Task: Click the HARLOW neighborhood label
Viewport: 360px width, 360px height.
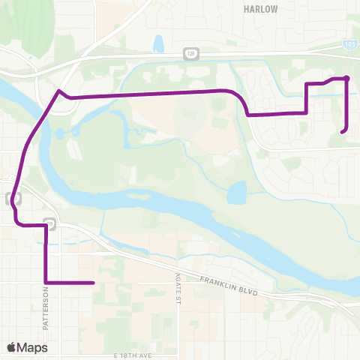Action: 261,10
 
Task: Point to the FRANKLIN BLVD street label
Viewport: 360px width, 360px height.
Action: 228,284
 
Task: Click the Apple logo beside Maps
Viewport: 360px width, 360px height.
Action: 12,347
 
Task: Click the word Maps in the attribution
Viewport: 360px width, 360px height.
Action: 33,347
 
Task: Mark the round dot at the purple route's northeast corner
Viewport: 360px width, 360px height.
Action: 346,78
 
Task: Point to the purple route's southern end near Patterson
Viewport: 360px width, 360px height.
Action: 92,283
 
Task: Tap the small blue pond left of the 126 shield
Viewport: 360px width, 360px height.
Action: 158,43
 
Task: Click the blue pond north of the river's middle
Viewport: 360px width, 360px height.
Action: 237,194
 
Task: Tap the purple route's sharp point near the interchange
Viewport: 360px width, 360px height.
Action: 58,91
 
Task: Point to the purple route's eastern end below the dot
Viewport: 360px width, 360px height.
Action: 342,132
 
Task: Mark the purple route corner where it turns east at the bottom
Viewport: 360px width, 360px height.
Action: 46,283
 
